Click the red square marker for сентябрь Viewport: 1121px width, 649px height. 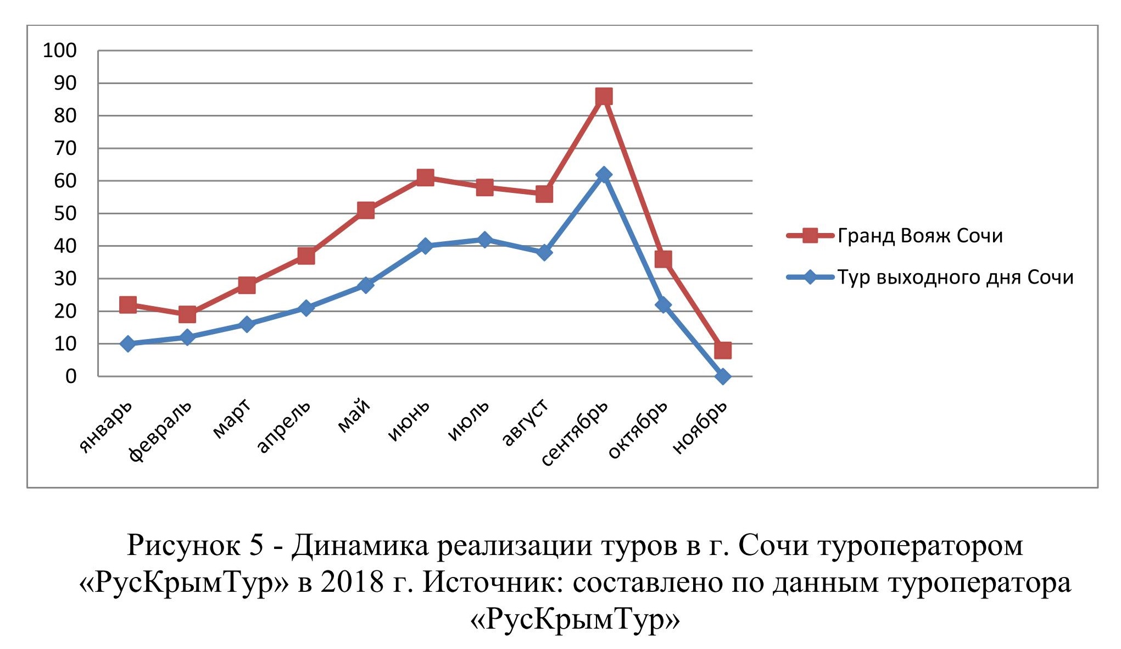(604, 97)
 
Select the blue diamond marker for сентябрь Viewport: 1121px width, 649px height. (604, 175)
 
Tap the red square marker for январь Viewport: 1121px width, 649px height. (128, 304)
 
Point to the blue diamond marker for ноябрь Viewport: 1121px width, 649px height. (723, 376)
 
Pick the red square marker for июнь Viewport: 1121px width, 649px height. (425, 177)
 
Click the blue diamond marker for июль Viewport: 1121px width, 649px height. (484, 240)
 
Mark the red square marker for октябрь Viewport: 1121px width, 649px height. (663, 259)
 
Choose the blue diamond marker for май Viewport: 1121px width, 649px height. (366, 285)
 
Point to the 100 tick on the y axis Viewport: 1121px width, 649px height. (60, 51)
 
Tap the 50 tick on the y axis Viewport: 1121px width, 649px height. (65, 214)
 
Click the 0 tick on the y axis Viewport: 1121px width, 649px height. (71, 376)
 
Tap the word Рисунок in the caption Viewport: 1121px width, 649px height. (183, 546)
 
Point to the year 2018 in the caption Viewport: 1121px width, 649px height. (352, 583)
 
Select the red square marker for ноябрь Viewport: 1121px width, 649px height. (723, 350)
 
